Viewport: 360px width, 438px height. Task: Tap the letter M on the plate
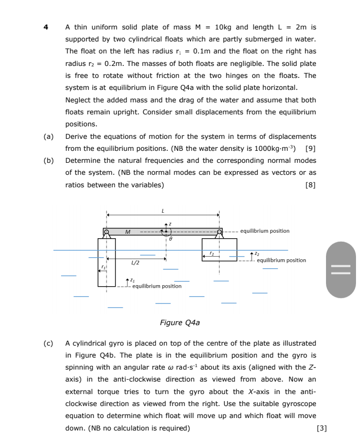pyautogui.click(x=127, y=232)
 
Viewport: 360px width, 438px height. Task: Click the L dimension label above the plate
pyautogui.click(x=162, y=211)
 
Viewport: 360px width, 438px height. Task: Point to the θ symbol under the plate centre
pyautogui.click(x=170, y=240)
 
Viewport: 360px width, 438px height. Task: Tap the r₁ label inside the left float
pyautogui.click(x=103, y=268)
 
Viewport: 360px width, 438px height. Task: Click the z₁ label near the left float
pyautogui.click(x=132, y=280)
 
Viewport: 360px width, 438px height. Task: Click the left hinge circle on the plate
pyautogui.click(x=106, y=232)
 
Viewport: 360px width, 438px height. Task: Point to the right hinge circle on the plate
pyautogui.click(x=219, y=232)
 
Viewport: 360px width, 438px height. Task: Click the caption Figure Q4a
pyautogui.click(x=179, y=323)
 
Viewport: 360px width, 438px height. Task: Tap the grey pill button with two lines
pyautogui.click(x=341, y=270)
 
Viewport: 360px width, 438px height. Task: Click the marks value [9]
pyautogui.click(x=310, y=149)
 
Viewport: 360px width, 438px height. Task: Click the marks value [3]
pyautogui.click(x=322, y=428)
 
